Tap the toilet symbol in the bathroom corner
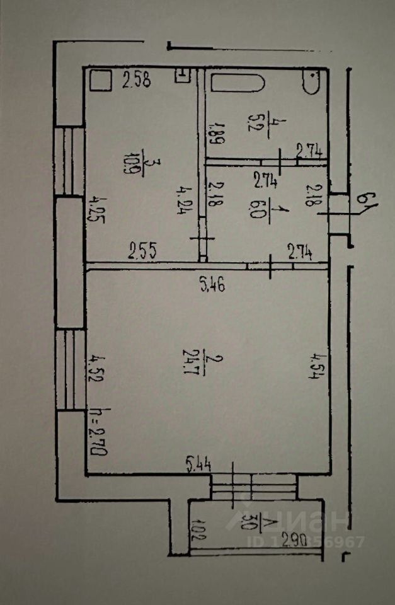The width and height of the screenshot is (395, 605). pos(313,82)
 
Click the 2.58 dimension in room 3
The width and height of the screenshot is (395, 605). pos(136,81)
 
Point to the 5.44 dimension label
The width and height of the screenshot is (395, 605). pos(199,466)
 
